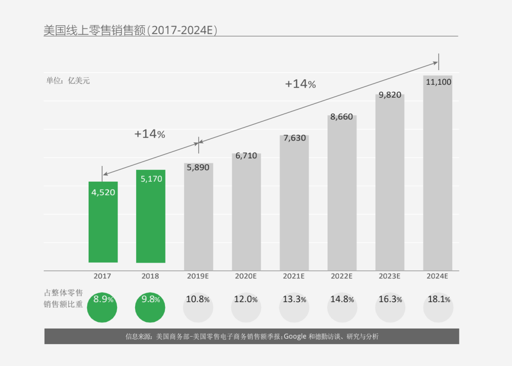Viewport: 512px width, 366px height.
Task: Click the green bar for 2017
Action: pyautogui.click(x=103, y=228)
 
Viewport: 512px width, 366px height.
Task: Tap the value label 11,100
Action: pyautogui.click(x=439, y=82)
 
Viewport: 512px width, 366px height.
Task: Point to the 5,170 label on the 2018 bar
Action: pyautogui.click(x=151, y=179)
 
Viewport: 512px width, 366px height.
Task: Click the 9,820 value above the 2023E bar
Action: pyautogui.click(x=390, y=95)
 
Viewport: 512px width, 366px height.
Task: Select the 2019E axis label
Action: pyautogui.click(x=198, y=276)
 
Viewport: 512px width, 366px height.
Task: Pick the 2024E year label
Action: pyautogui.click(x=438, y=276)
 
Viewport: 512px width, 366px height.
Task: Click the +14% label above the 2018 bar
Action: pyautogui.click(x=149, y=134)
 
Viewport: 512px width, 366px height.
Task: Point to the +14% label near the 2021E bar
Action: pyautogui.click(x=300, y=84)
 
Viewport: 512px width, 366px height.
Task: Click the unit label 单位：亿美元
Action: pyautogui.click(x=68, y=81)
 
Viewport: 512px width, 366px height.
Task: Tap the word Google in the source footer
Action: pyautogui.click(x=295, y=337)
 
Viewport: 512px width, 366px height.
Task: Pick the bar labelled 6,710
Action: pyautogui.click(x=247, y=213)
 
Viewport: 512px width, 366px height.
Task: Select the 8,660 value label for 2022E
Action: pyautogui.click(x=342, y=117)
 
